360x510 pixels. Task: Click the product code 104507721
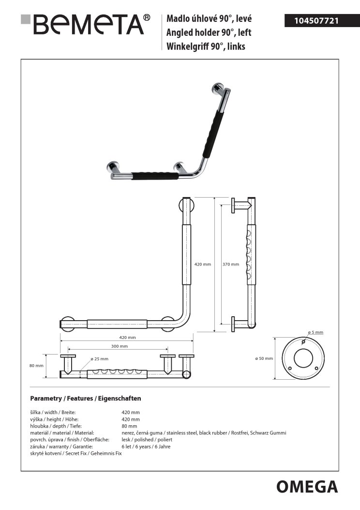(317, 20)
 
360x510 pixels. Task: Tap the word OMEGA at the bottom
(307, 486)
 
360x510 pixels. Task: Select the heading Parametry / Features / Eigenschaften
(86, 399)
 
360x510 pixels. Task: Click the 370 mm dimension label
(231, 264)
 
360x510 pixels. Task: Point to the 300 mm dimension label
(120, 346)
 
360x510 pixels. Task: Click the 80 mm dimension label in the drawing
(36, 366)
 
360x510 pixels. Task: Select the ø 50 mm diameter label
(264, 358)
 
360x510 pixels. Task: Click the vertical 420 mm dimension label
(203, 264)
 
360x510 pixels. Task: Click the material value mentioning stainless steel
(204, 433)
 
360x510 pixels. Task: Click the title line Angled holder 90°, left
(209, 33)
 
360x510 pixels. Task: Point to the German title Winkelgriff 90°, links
(206, 46)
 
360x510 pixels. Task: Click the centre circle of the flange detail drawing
(303, 358)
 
